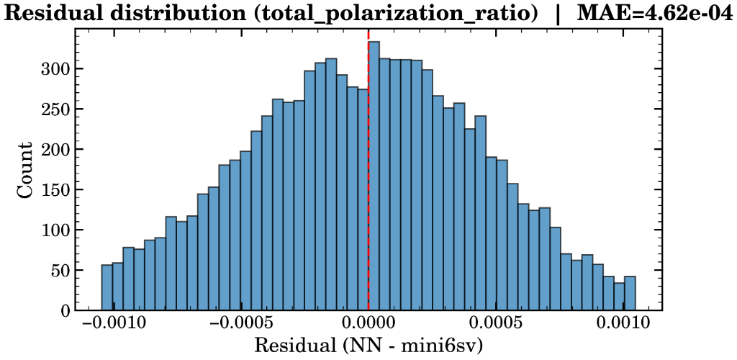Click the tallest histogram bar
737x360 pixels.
tap(374, 176)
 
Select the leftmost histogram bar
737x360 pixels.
tap(107, 288)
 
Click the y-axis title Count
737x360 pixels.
tap(24, 170)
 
